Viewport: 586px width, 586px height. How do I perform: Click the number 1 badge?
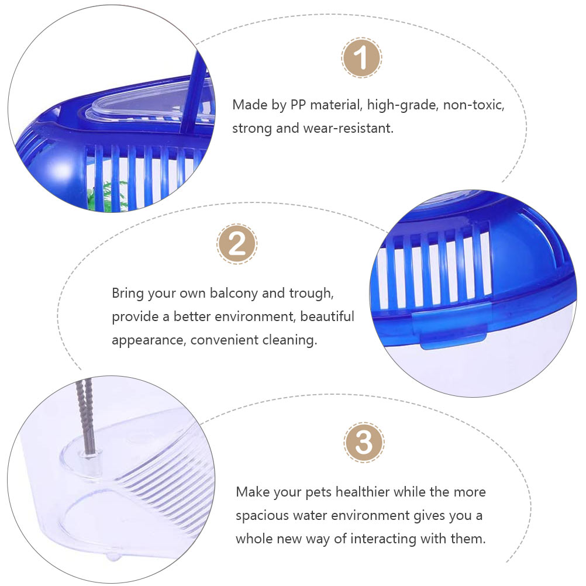point(361,57)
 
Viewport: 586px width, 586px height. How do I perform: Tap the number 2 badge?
point(237,244)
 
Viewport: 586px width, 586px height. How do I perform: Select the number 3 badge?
point(364,443)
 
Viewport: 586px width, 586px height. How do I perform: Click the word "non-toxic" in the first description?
point(474,105)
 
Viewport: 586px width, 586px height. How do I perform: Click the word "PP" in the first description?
point(298,105)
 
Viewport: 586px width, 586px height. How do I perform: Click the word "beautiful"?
point(327,316)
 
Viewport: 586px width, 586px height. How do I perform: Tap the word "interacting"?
point(383,539)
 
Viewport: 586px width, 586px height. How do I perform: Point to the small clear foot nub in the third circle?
point(113,557)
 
